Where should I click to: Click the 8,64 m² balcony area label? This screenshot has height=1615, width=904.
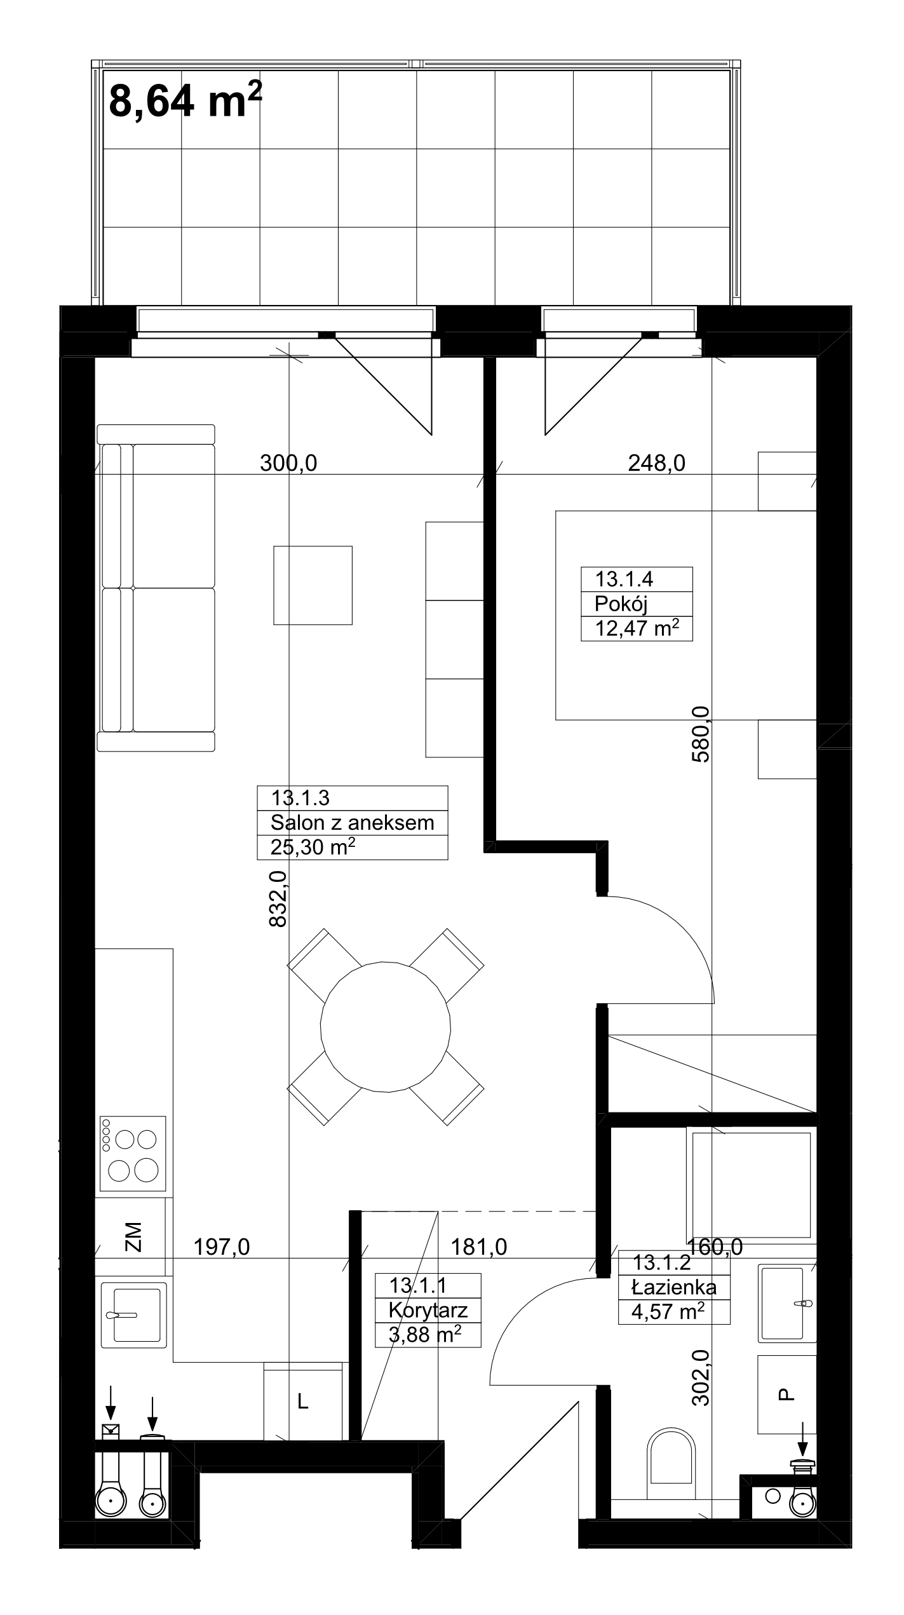185,100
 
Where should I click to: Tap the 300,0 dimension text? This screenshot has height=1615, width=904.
288,464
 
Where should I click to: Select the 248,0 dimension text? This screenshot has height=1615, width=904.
657,464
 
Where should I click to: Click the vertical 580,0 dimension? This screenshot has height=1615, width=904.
701,734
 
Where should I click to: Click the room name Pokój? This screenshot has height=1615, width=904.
621,604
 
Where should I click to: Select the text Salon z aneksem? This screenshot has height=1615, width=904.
353,823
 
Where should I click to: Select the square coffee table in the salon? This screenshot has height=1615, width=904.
313,585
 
